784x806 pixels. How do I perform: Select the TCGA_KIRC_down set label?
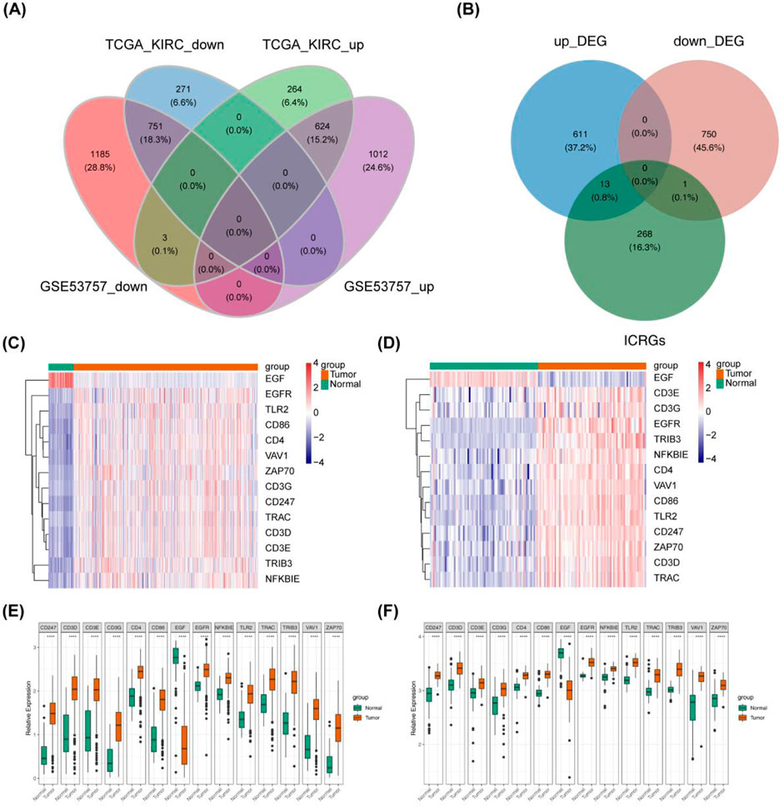pos(164,44)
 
